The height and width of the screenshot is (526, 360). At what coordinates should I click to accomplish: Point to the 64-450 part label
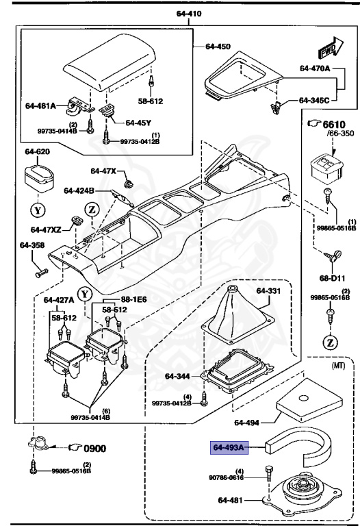tap(219, 47)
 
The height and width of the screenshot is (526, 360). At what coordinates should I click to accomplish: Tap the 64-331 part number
tap(269, 290)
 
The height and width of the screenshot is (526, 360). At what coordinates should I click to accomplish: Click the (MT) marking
tap(337, 366)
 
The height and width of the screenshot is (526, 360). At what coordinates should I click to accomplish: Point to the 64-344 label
tap(178, 375)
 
